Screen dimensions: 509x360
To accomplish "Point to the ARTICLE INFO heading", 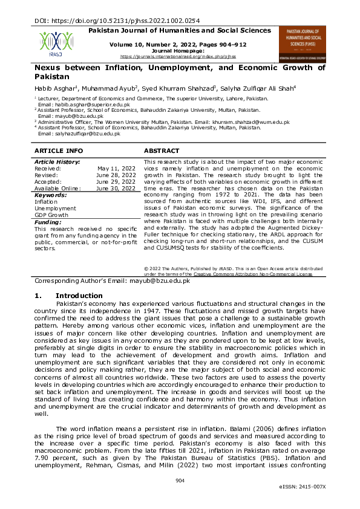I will click(59, 150).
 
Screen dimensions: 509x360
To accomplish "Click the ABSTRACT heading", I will click(162, 150).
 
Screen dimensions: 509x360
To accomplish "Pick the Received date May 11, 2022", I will click(116, 169).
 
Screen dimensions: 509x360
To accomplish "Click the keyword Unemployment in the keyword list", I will click(55, 208).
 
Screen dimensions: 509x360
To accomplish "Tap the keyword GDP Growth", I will click(51, 215).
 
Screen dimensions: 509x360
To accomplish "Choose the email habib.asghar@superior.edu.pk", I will click(81, 105).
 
